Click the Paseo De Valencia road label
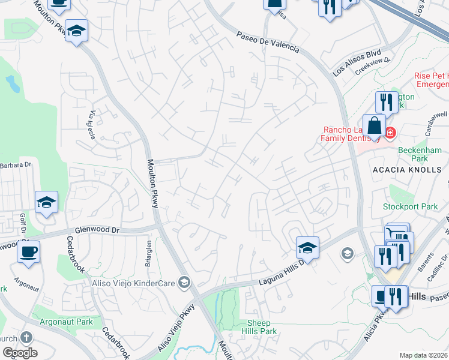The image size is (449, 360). coord(267,42)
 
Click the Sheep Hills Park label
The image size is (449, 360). coord(259,327)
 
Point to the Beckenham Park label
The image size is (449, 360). coord(411,154)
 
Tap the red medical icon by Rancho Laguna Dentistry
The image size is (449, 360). coord(390,133)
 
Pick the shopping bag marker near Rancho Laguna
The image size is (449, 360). coord(374,126)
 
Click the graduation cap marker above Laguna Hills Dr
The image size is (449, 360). coord(307,247)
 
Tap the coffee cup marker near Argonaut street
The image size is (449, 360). coord(28,251)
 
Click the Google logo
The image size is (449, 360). coord(19,352)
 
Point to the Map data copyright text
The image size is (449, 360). coord(423,355)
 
